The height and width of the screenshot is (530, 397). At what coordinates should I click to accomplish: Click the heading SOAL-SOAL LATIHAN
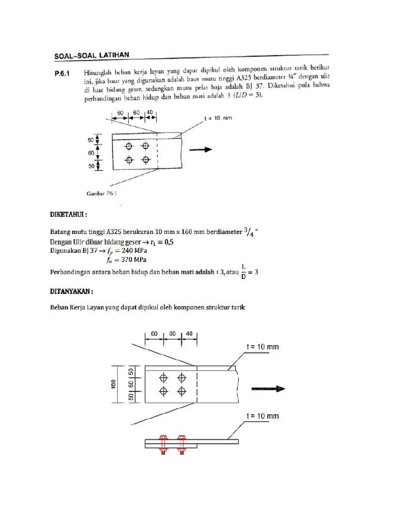click(92, 54)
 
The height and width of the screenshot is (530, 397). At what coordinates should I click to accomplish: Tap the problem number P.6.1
click(65, 74)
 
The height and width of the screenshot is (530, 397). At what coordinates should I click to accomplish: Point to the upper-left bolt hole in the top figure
click(129, 146)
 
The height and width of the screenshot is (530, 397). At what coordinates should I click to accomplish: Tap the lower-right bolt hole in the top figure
click(145, 159)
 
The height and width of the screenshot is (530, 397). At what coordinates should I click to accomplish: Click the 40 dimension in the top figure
click(149, 112)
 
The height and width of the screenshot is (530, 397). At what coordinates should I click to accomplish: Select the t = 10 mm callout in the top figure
click(219, 118)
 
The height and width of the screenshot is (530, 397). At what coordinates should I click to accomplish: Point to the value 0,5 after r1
click(180, 241)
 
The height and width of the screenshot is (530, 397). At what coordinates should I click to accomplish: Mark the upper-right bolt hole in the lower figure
click(181, 377)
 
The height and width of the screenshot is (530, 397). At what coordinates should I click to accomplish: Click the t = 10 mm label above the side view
click(261, 416)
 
